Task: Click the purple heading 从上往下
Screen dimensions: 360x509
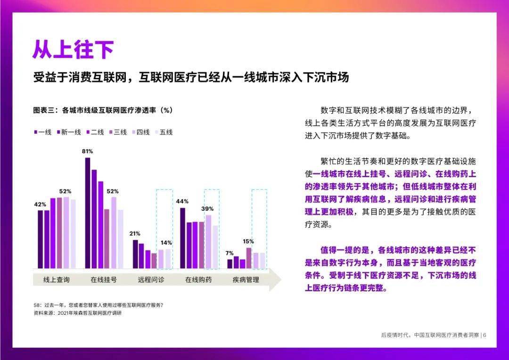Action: click(74, 49)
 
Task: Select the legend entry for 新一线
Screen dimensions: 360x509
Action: click(69, 132)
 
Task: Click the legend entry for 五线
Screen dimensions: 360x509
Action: click(164, 132)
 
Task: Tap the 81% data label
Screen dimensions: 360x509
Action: click(87, 151)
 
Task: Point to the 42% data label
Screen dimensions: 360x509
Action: click(40, 205)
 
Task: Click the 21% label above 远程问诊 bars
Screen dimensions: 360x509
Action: click(135, 234)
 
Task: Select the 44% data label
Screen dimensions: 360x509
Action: click(182, 202)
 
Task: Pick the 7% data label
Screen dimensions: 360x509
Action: click(230, 254)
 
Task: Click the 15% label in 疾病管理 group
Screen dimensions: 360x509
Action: click(248, 241)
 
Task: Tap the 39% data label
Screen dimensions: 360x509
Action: click(207, 209)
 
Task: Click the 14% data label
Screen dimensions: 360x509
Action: click(166, 243)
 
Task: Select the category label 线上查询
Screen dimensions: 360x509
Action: click(57, 280)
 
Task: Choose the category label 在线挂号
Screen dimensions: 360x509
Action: click(104, 280)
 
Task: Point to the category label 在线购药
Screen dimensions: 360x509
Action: click(198, 280)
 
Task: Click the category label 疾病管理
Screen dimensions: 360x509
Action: click(246, 280)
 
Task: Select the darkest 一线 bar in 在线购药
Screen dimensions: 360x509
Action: click(182, 238)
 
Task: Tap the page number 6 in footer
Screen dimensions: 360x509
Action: click(484, 335)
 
